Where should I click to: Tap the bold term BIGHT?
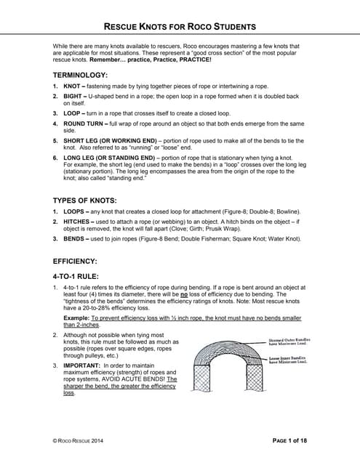coord(73,96)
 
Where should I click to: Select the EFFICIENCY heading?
coord(78,260)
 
